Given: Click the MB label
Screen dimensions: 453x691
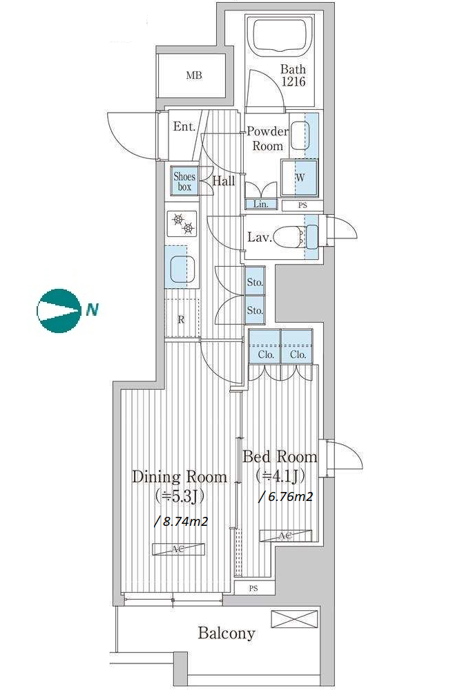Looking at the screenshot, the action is point(194,75).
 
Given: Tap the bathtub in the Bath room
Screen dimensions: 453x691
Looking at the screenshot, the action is point(280,36).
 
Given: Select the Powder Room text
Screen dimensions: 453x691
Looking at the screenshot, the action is point(268,138).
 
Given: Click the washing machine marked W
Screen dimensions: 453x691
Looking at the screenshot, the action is point(300,178).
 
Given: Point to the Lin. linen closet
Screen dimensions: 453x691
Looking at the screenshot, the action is point(261,204).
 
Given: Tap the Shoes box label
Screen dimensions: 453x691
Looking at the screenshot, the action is point(184,181).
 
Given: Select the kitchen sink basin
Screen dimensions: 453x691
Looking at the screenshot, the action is point(182,269).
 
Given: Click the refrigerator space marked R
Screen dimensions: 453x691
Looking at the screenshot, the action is point(182,319).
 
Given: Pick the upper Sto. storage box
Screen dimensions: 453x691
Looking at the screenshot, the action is point(254,282).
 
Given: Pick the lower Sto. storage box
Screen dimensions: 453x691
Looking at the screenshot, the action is point(254,310).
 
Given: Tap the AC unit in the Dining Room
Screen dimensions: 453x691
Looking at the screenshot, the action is point(179,549).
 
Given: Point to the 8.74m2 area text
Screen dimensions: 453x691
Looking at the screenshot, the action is point(181,521).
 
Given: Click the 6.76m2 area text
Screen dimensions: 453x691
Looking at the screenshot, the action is point(286,497).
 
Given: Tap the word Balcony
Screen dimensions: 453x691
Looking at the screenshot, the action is point(226,633).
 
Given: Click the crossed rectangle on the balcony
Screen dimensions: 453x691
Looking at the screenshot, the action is point(294,619).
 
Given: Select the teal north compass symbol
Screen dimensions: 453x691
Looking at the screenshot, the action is point(59,310).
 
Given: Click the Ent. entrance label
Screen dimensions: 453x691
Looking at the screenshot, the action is point(184,127).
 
